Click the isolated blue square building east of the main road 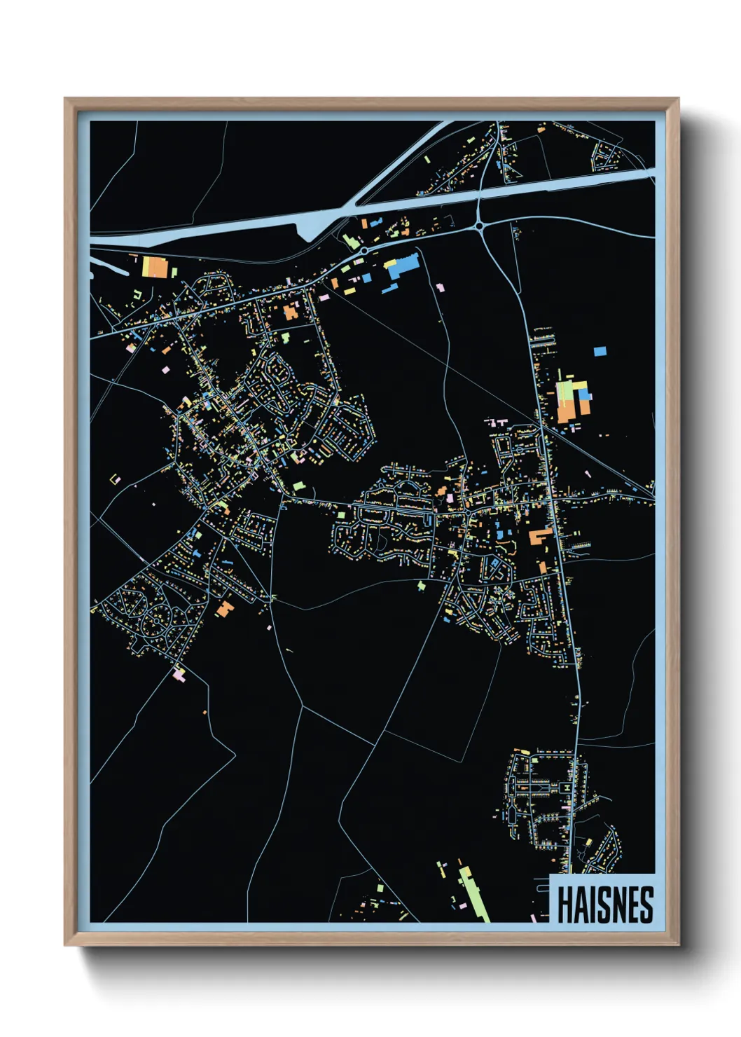click(600, 351)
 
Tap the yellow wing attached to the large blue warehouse click(390, 263)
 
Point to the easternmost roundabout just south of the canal click(480, 226)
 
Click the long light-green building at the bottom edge click(474, 894)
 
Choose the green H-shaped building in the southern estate click(564, 788)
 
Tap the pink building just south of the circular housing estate click(179, 674)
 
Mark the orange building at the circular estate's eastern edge click(224, 608)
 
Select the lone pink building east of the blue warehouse click(440, 287)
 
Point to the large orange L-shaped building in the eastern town click(539, 537)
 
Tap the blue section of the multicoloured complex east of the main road click(584, 395)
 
